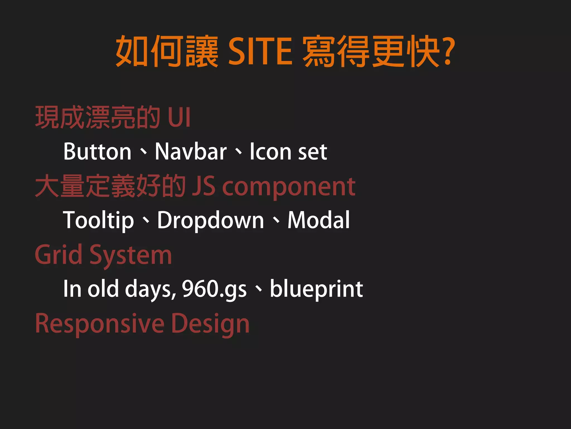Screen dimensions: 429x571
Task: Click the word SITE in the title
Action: [260, 52]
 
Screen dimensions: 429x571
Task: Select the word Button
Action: [97, 152]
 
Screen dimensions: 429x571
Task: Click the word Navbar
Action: [191, 152]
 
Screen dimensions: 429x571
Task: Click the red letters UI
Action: [179, 117]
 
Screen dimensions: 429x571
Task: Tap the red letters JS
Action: [204, 186]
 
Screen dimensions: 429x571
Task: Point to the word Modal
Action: [318, 220]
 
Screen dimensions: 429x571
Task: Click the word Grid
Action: [59, 255]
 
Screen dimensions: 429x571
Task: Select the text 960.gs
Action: [214, 289]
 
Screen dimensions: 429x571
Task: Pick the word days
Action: [150, 289]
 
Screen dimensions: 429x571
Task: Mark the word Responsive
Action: [100, 324]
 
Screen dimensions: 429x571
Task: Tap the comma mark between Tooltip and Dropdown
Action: [146, 221]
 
